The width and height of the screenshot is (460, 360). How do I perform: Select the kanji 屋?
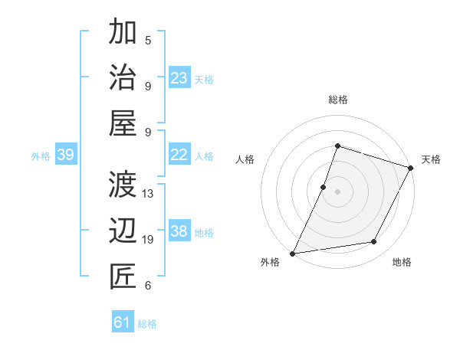click(x=123, y=123)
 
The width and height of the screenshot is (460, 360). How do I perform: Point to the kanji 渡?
click(x=123, y=185)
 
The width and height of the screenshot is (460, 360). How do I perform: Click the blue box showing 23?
click(x=179, y=78)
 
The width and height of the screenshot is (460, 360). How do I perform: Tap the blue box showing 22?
click(x=179, y=155)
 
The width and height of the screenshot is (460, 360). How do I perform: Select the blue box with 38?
click(x=179, y=231)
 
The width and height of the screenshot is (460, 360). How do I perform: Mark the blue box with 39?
click(x=65, y=155)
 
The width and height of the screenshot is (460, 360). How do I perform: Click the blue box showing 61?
click(x=123, y=322)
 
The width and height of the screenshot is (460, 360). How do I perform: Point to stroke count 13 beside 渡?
click(x=148, y=193)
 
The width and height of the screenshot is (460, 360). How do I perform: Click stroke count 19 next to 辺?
click(x=148, y=240)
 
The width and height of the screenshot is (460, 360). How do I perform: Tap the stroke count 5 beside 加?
click(x=148, y=40)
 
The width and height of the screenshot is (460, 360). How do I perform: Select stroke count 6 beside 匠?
click(x=148, y=286)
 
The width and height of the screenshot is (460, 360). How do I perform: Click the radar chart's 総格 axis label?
click(x=337, y=100)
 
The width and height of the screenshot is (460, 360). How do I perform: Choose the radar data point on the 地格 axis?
click(x=374, y=242)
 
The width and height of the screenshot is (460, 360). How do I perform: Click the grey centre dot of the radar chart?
click(x=337, y=191)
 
